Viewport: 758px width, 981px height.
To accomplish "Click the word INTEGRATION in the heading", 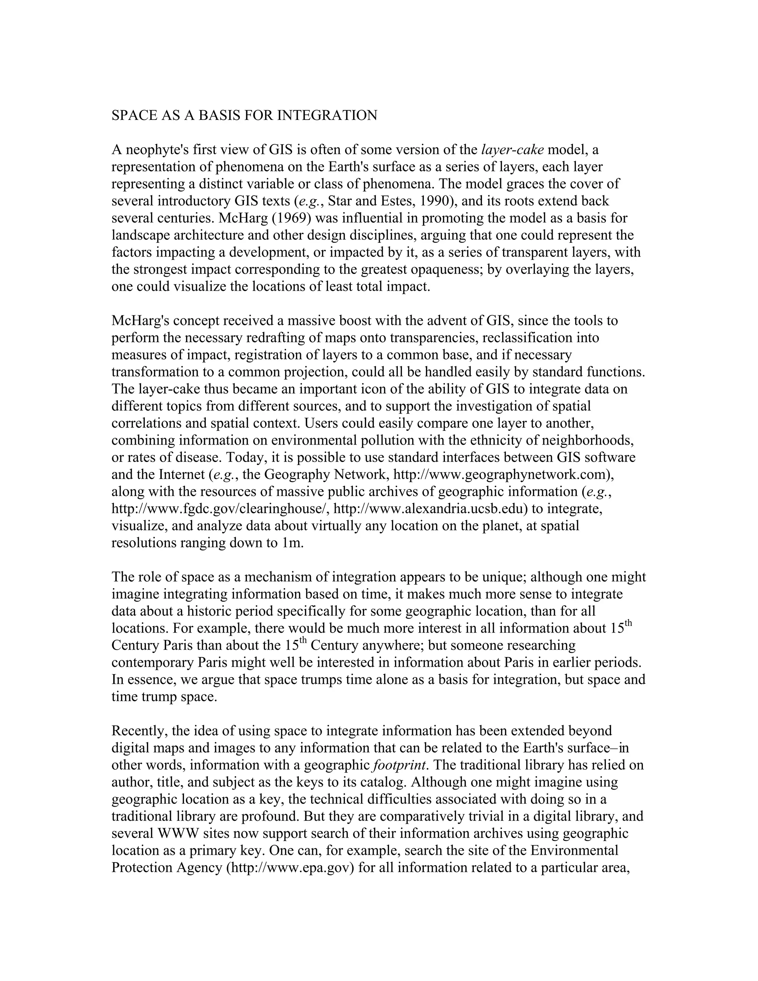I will tap(327, 115).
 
